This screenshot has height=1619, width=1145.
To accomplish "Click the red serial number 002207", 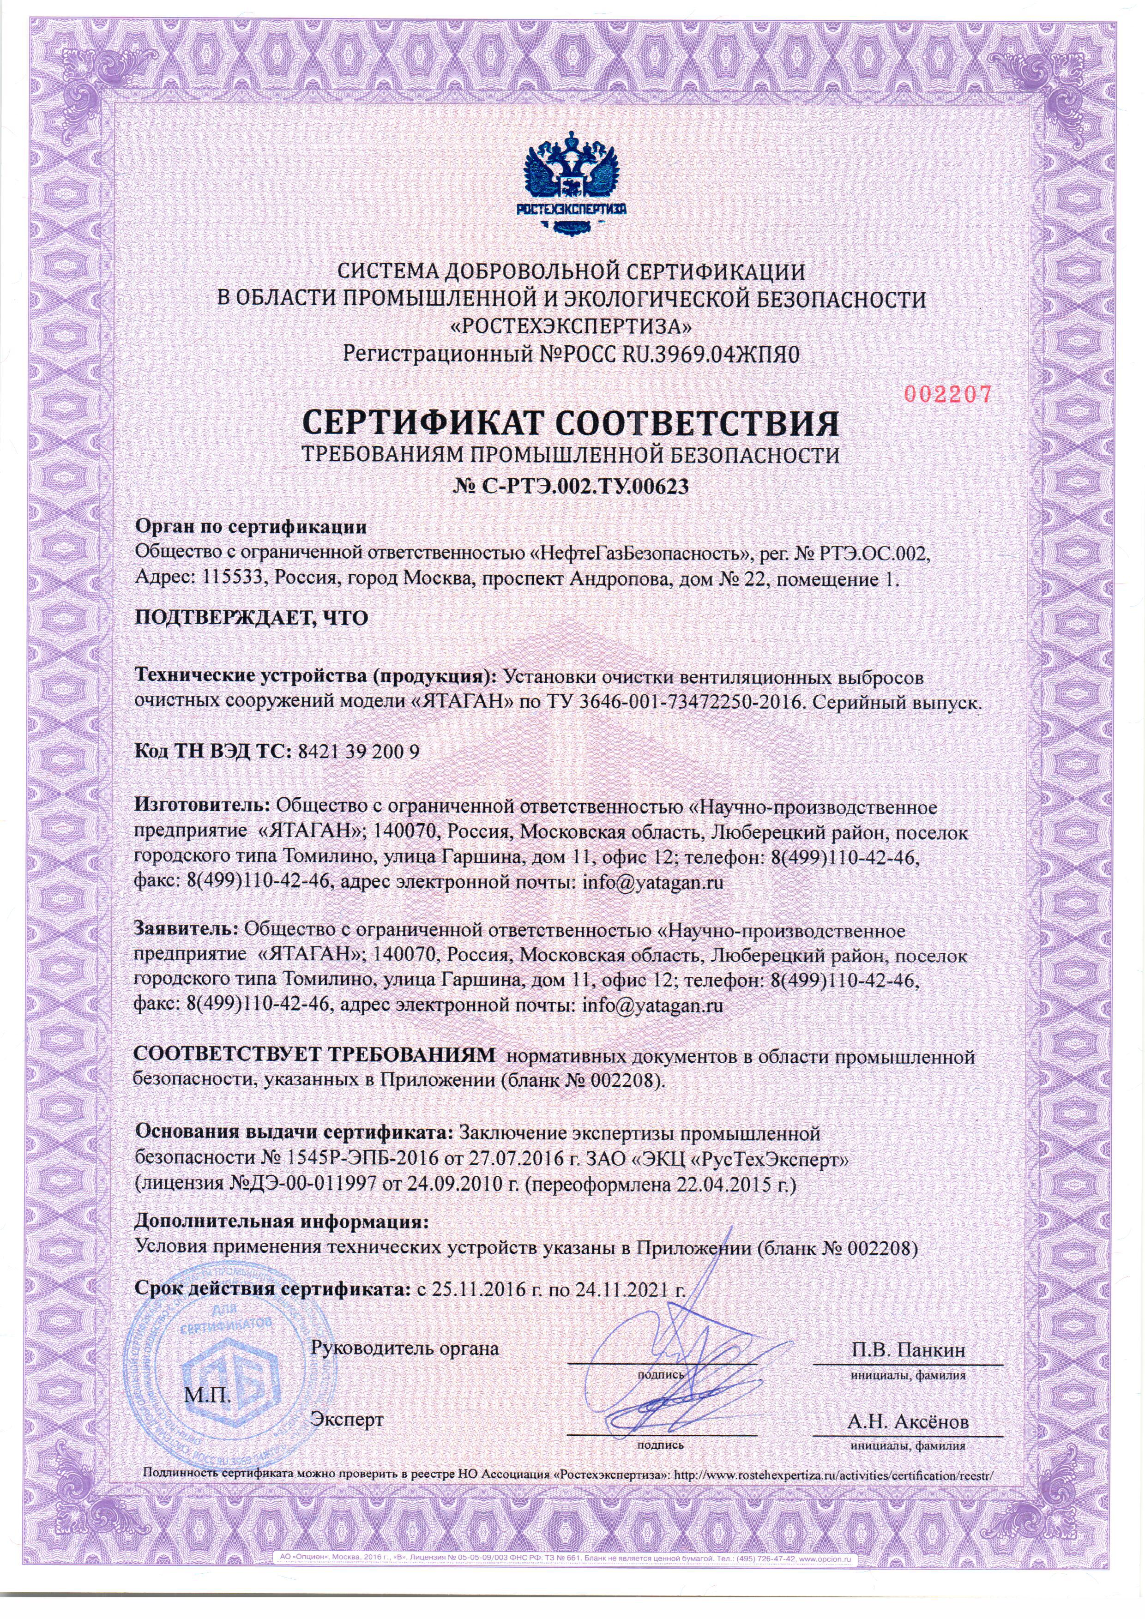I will [x=947, y=394].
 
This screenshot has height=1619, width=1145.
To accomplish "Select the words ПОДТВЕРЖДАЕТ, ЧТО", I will [x=251, y=619].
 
